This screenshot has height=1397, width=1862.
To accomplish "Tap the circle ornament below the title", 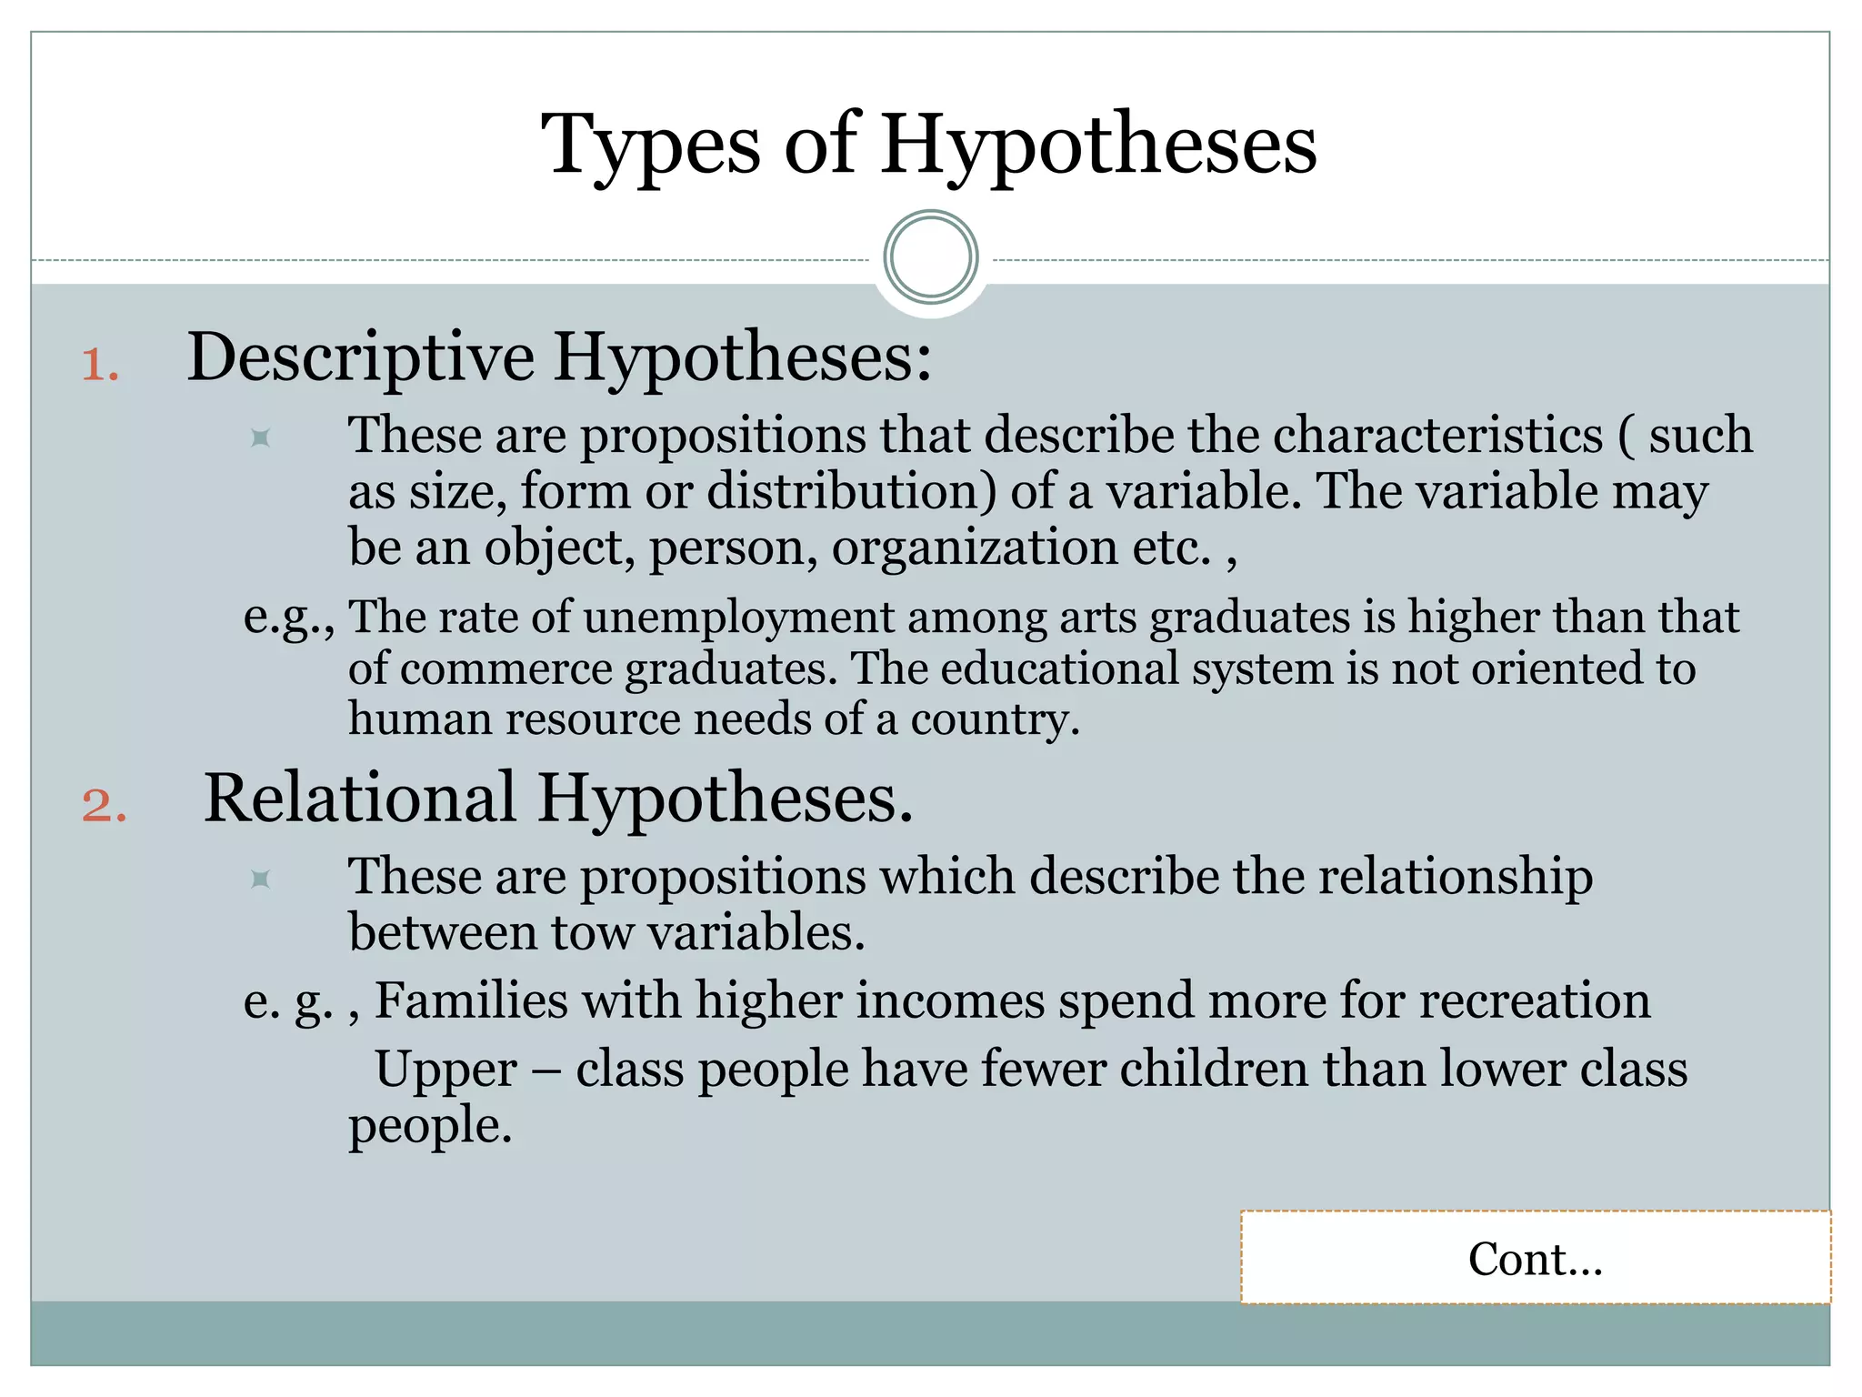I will coord(930,257).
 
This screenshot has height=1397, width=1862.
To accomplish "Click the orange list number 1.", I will coord(100,366).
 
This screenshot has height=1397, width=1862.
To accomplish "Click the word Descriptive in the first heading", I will coord(360,357).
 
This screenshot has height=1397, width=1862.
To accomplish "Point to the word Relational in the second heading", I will coord(360,799).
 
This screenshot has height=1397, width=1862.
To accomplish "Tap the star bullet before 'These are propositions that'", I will coord(261,438).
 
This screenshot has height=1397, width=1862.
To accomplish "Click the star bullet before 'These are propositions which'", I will coord(261,879).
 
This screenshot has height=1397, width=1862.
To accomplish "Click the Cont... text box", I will coord(1535,1258).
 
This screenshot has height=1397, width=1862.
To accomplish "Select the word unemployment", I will coord(738,618).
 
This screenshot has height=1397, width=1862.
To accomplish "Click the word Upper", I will coord(445,1070).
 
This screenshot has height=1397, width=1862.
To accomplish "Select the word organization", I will coord(974,548).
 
